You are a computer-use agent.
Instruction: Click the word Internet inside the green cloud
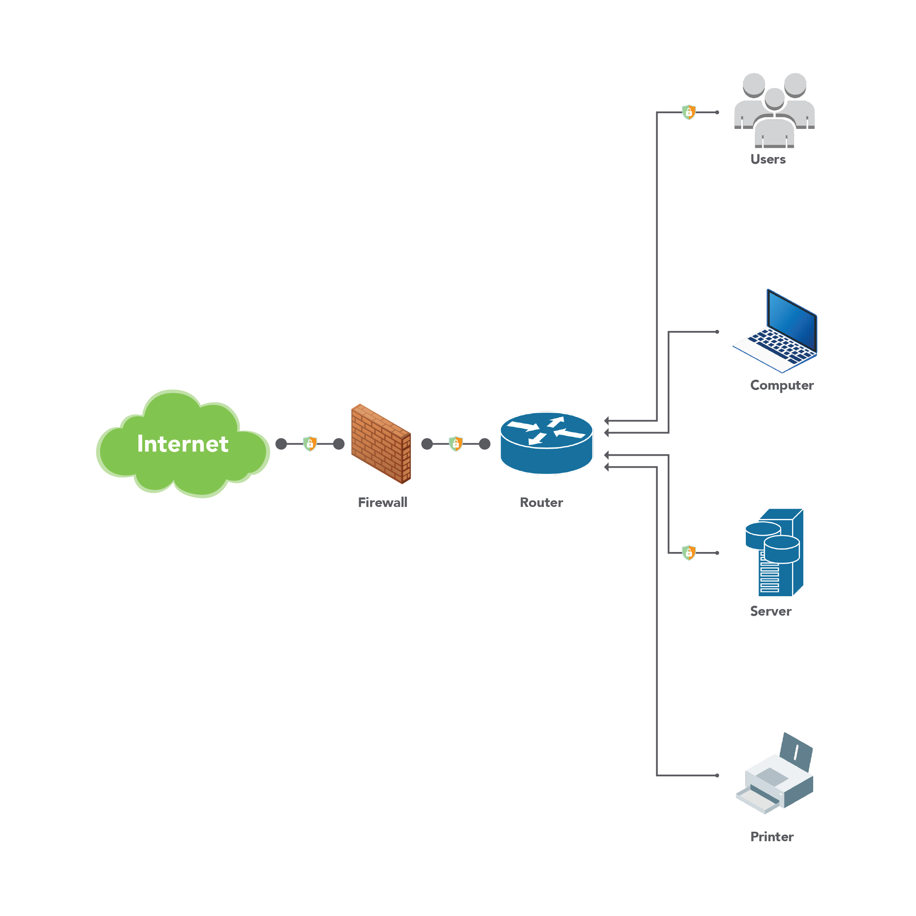point(183,444)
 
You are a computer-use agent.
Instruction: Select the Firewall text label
point(382,502)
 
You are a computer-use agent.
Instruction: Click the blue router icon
point(546,443)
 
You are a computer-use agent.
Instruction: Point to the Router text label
point(541,502)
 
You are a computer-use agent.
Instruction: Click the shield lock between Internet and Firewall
point(309,444)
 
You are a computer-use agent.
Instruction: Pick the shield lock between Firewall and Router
point(456,444)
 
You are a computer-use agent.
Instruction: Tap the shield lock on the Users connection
point(688,112)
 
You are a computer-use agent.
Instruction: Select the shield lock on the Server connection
point(688,552)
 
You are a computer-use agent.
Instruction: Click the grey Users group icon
point(774,110)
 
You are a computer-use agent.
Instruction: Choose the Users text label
point(768,159)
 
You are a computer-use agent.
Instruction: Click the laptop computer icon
point(776,332)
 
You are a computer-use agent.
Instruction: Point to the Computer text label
point(781,385)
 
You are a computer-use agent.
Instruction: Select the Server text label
point(770,611)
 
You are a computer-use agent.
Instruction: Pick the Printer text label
point(771,837)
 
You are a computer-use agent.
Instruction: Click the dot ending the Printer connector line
point(717,776)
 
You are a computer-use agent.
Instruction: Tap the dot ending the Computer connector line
point(717,332)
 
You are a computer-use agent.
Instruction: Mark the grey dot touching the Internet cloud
point(281,444)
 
